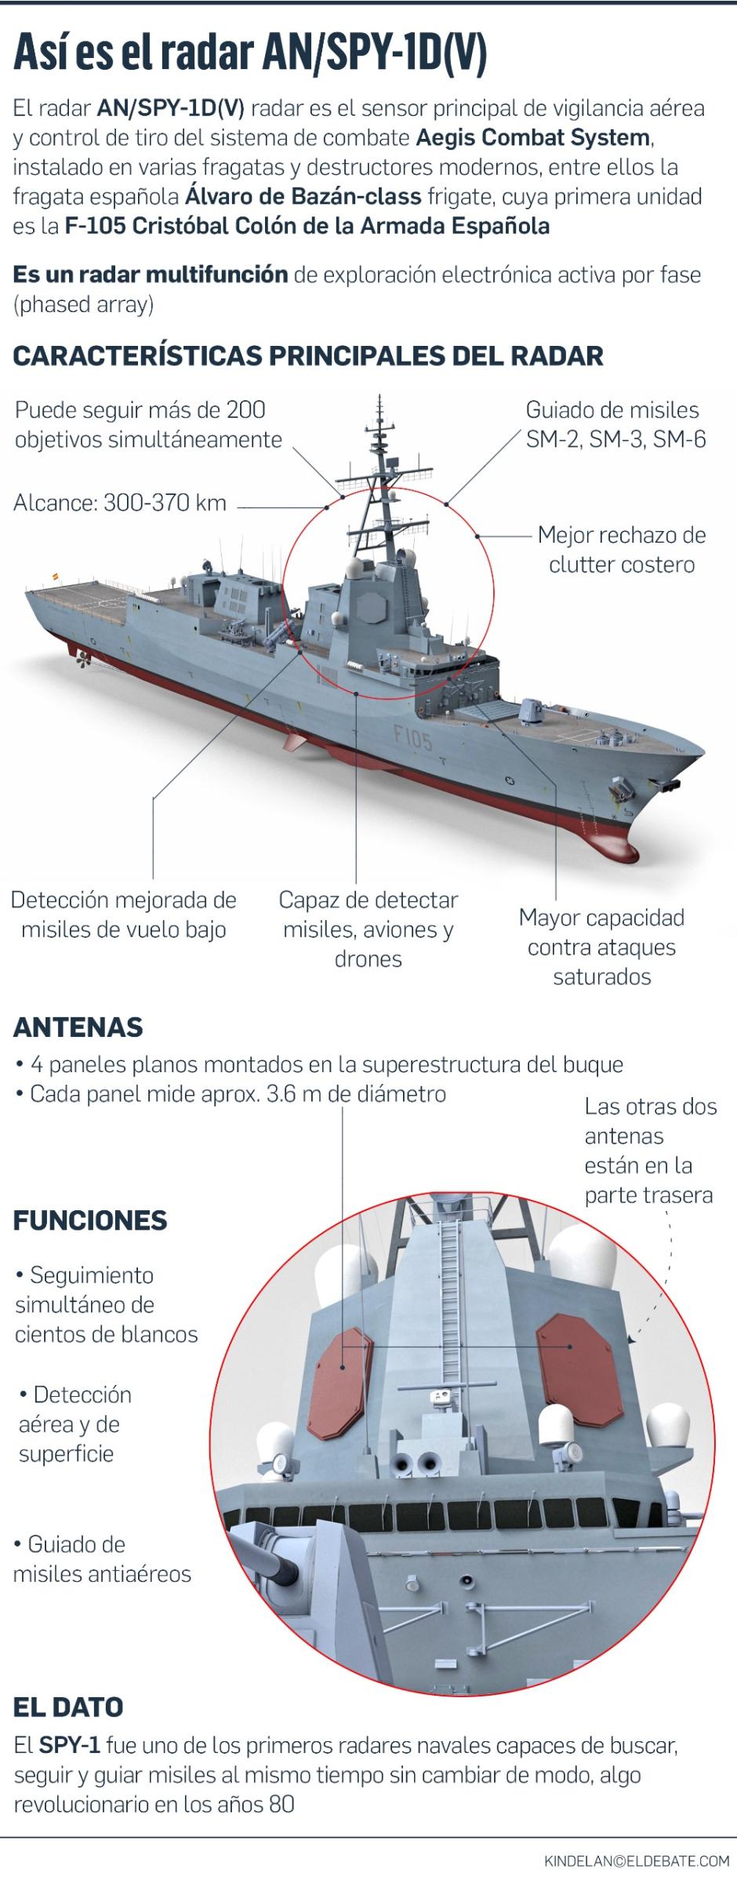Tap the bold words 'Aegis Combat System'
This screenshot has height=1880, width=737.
click(x=533, y=138)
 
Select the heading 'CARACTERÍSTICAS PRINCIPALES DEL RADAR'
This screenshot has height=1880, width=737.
click(x=308, y=355)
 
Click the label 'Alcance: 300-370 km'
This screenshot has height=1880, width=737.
click(x=120, y=503)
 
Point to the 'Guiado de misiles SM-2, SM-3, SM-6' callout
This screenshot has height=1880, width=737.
click(x=615, y=424)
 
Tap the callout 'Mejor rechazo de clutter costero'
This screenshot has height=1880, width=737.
click(x=622, y=550)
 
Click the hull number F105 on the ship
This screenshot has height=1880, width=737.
click(x=412, y=737)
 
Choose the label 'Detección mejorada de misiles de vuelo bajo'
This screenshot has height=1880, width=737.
click(x=124, y=915)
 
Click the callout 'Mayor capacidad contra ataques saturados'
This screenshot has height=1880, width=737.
click(x=601, y=947)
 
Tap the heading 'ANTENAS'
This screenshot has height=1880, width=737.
click(x=78, y=1027)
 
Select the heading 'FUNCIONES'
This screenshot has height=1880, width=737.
click(x=91, y=1220)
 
